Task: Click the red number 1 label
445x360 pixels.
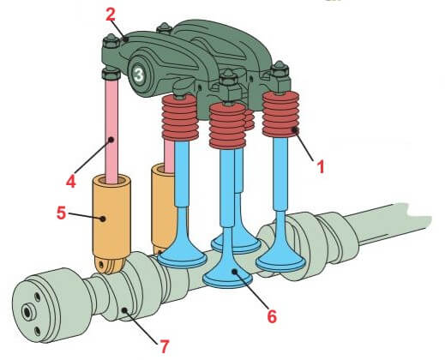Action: pyautogui.click(x=322, y=167)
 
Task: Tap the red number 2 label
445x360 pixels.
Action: pyautogui.click(x=111, y=15)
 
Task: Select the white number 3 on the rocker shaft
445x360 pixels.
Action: pyautogui.click(x=139, y=75)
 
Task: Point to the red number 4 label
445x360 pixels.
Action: pyautogui.click(x=71, y=181)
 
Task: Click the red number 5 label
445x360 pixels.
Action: pyautogui.click(x=62, y=213)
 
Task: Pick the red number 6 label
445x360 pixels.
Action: pyautogui.click(x=272, y=316)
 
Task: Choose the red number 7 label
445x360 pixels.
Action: pyautogui.click(x=164, y=346)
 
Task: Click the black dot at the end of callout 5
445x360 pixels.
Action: pyautogui.click(x=103, y=219)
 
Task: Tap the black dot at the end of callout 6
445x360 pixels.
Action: pyautogui.click(x=235, y=271)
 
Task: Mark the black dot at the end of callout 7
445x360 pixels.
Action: pyautogui.click(x=124, y=310)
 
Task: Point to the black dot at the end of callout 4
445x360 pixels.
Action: pyautogui.click(x=111, y=140)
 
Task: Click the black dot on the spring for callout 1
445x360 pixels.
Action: pyautogui.click(x=295, y=130)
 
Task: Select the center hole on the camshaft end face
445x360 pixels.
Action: pyautogui.click(x=27, y=312)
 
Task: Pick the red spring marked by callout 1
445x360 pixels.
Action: pyautogui.click(x=281, y=114)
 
